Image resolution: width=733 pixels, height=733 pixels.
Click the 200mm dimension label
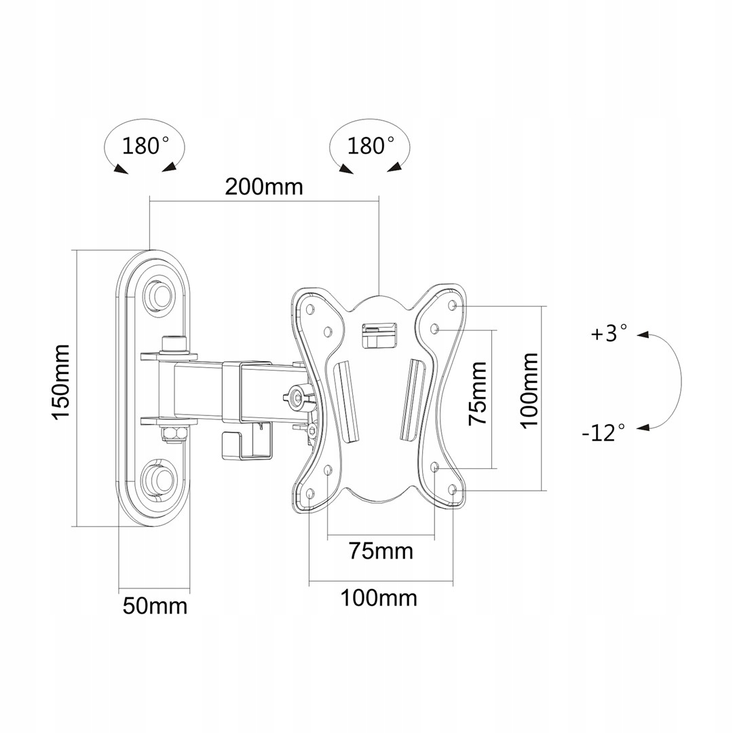tap(264, 186)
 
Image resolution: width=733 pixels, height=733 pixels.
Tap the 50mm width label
tap(155, 605)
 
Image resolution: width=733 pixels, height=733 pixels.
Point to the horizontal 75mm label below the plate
tap(381, 550)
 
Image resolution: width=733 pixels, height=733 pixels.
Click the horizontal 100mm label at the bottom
tap(379, 598)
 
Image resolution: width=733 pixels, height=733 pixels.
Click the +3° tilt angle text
tap(609, 334)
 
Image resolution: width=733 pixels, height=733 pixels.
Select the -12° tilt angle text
tap(603, 432)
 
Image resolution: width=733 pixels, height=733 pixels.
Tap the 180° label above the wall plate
tap(145, 145)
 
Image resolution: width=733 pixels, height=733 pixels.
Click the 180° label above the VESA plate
tap(371, 145)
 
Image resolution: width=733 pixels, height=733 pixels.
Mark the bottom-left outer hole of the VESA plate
tap(310, 493)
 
